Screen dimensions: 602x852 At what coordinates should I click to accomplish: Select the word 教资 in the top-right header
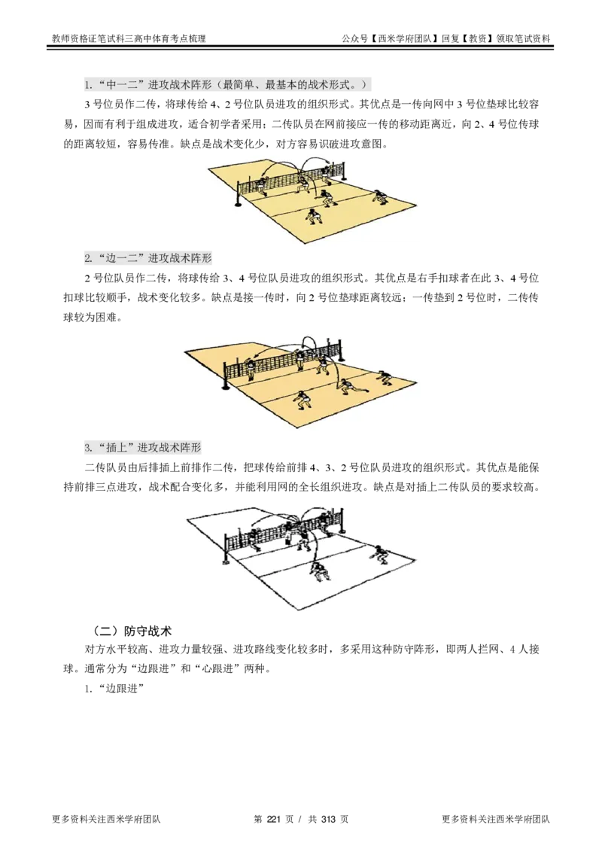[x=477, y=38]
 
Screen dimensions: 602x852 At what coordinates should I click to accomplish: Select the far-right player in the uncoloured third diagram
[x=380, y=554]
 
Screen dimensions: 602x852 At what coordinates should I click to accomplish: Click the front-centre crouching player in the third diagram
[x=320, y=571]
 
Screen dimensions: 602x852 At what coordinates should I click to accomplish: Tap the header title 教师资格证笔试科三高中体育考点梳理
[x=129, y=38]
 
